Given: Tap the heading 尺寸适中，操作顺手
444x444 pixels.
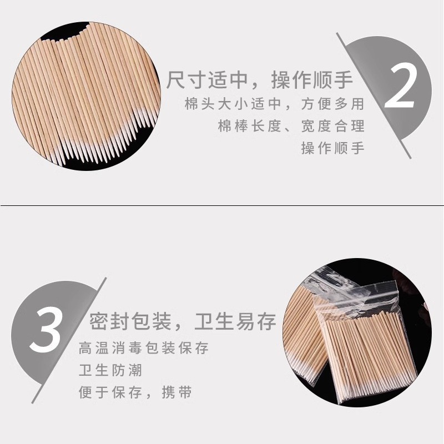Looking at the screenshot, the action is (x=260, y=80).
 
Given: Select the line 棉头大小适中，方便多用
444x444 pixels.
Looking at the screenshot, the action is (x=274, y=104).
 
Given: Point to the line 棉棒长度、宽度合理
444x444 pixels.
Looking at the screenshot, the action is (x=291, y=126).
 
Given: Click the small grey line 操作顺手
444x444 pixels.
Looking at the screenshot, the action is (x=332, y=148).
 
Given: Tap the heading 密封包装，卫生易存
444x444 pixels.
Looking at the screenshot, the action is (x=183, y=321).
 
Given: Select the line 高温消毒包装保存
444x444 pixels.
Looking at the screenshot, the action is (x=144, y=348).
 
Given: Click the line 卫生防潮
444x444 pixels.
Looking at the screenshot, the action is (x=110, y=370).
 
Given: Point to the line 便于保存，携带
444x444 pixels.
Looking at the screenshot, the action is (x=135, y=392).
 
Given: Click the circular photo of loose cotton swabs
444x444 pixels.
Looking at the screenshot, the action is (x=87, y=96).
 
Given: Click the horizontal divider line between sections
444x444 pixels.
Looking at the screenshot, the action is (x=222, y=205).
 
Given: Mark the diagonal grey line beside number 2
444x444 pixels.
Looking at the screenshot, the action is (x=374, y=95).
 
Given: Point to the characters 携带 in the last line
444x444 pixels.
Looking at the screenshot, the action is (x=177, y=392).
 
